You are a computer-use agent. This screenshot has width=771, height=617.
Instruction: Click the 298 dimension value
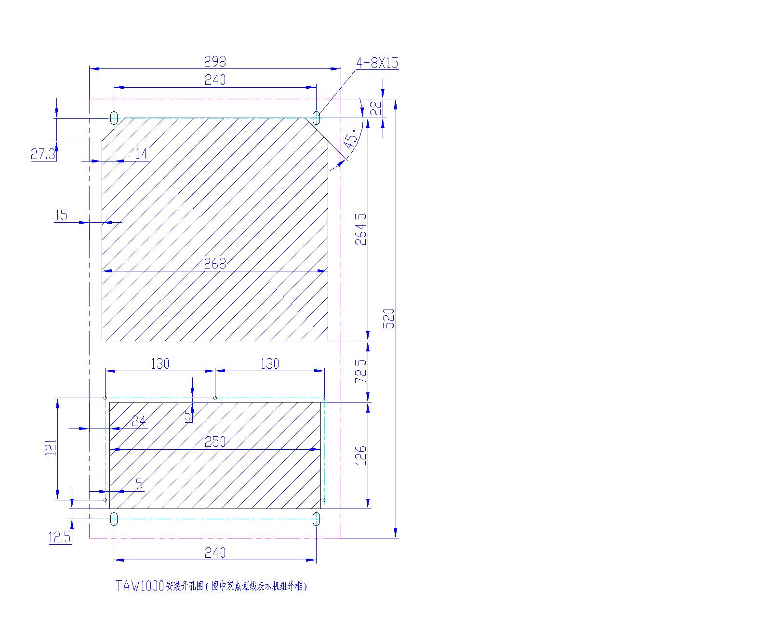[x=215, y=62]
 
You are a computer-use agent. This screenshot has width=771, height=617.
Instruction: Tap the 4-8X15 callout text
[x=377, y=63]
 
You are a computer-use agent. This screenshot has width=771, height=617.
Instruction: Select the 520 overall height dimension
[x=389, y=318]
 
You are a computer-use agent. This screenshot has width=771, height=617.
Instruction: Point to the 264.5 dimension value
[x=361, y=229]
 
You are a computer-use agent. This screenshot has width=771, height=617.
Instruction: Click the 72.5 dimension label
[x=361, y=371]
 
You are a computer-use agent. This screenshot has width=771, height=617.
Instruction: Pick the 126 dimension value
[x=361, y=456]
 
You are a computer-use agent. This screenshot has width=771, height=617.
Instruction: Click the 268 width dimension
[x=215, y=264]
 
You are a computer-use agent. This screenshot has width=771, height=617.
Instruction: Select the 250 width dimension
[x=215, y=442]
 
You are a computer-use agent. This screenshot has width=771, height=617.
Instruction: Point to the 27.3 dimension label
[x=43, y=154]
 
